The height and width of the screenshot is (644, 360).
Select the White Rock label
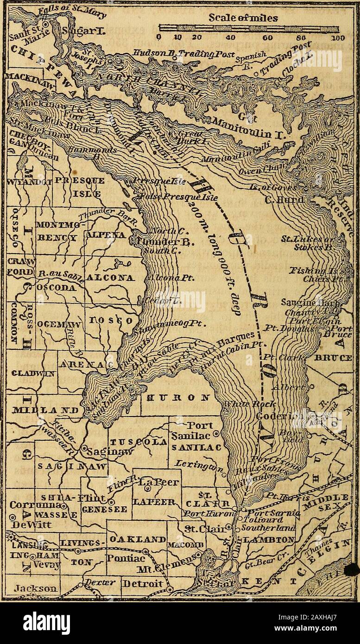241,404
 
